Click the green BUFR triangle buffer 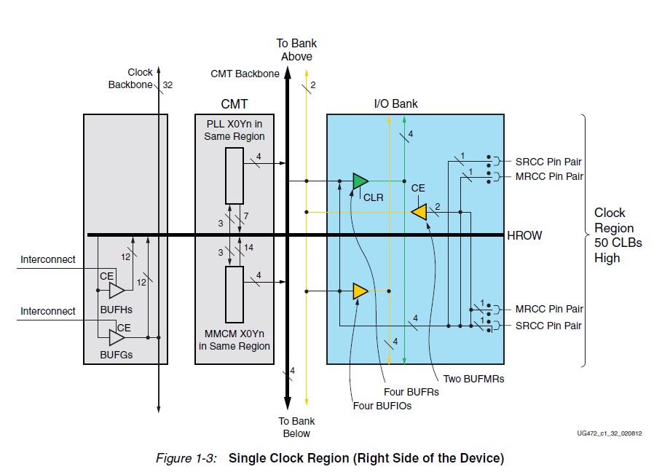[360, 181]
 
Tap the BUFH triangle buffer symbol [117, 290]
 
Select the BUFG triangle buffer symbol [117, 337]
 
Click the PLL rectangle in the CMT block [234, 176]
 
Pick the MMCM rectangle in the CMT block [234, 294]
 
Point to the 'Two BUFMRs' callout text [473, 379]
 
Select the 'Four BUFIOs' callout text [382, 406]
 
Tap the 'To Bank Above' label [296, 50]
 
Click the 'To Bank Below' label [296, 427]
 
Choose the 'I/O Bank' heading [395, 103]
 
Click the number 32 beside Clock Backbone [168, 85]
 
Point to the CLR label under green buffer [373, 197]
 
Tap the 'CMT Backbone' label [245, 74]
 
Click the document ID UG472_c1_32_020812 [610, 433]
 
